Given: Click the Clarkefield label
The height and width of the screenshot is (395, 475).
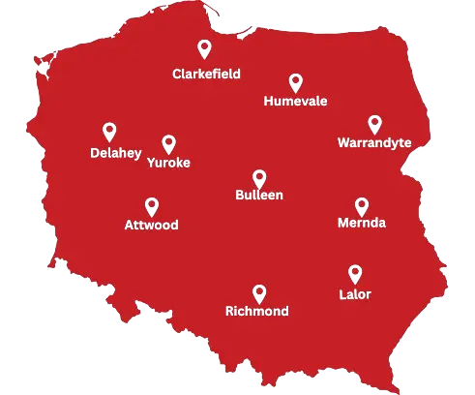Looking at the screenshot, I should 206,74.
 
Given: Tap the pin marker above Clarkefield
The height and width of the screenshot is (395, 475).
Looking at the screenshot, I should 203,49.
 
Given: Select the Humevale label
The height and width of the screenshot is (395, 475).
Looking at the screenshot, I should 295,101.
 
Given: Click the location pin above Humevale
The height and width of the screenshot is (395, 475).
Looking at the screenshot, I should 295,82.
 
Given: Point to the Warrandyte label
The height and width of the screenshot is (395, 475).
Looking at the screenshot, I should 374,142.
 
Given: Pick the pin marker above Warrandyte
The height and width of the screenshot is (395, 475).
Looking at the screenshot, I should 374,124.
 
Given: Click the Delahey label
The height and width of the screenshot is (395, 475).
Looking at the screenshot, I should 114,152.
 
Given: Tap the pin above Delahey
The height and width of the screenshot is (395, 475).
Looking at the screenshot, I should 109,132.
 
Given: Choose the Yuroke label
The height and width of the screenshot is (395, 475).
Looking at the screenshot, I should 168,163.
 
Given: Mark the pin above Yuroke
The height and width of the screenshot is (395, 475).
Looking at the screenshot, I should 168,144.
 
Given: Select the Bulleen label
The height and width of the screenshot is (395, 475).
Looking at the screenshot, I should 259,196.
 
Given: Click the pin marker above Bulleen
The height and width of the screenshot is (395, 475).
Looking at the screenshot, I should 259,178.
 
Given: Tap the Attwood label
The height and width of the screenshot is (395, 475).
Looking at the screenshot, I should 152,225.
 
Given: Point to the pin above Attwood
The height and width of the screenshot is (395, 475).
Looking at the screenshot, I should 151,206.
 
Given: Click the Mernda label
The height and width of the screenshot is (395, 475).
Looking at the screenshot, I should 362,224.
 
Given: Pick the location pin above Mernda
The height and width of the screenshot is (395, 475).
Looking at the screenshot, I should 362,205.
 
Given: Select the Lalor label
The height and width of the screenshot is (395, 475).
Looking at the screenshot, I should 355,292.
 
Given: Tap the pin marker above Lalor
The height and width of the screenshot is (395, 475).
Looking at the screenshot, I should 355,273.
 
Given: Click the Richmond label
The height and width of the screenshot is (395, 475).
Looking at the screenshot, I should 256,312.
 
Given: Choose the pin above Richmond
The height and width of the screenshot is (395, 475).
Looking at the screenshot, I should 259,292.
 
